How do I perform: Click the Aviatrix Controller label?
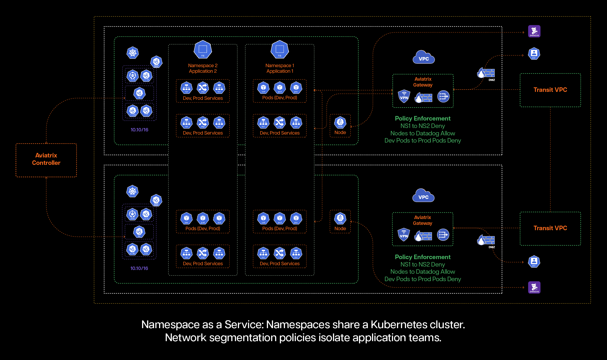pos(46,159)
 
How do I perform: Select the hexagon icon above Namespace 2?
pos(203,49)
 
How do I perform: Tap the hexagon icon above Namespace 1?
pos(280,49)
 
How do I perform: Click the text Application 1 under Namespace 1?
pos(280,71)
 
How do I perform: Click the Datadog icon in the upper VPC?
pos(534,31)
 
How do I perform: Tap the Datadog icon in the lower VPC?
pos(534,287)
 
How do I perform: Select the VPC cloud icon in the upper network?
pos(424,57)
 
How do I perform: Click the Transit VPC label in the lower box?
pos(550,228)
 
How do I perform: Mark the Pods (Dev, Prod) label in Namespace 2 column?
pos(203,229)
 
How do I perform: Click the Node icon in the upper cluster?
pos(340,122)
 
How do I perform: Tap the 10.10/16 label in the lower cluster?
pos(139,268)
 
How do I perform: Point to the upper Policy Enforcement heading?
pos(422,118)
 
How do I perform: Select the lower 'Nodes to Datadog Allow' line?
pos(422,272)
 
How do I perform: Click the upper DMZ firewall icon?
pos(486,73)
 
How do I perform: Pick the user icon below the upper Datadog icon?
pos(534,54)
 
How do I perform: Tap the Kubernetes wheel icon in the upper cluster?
pos(132,53)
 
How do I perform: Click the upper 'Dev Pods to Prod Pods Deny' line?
pos(422,140)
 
